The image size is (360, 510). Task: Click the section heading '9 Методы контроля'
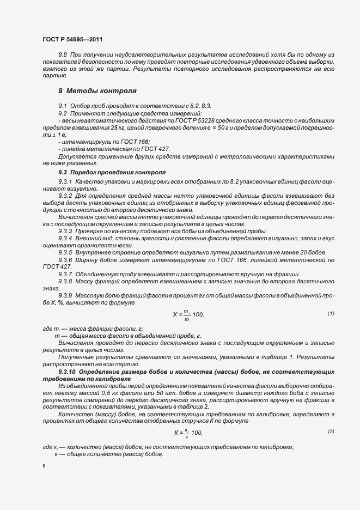coord(97,90)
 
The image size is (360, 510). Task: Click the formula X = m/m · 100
coord(188,314)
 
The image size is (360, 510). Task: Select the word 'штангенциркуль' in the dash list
coord(83,141)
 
